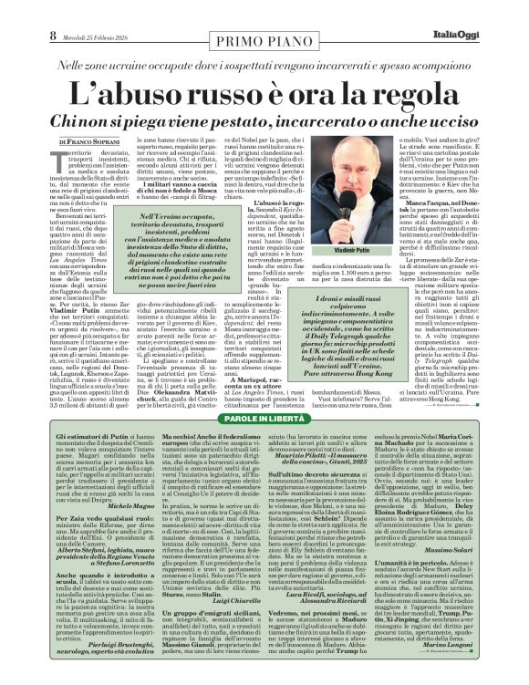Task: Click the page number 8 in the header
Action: (15, 11)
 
